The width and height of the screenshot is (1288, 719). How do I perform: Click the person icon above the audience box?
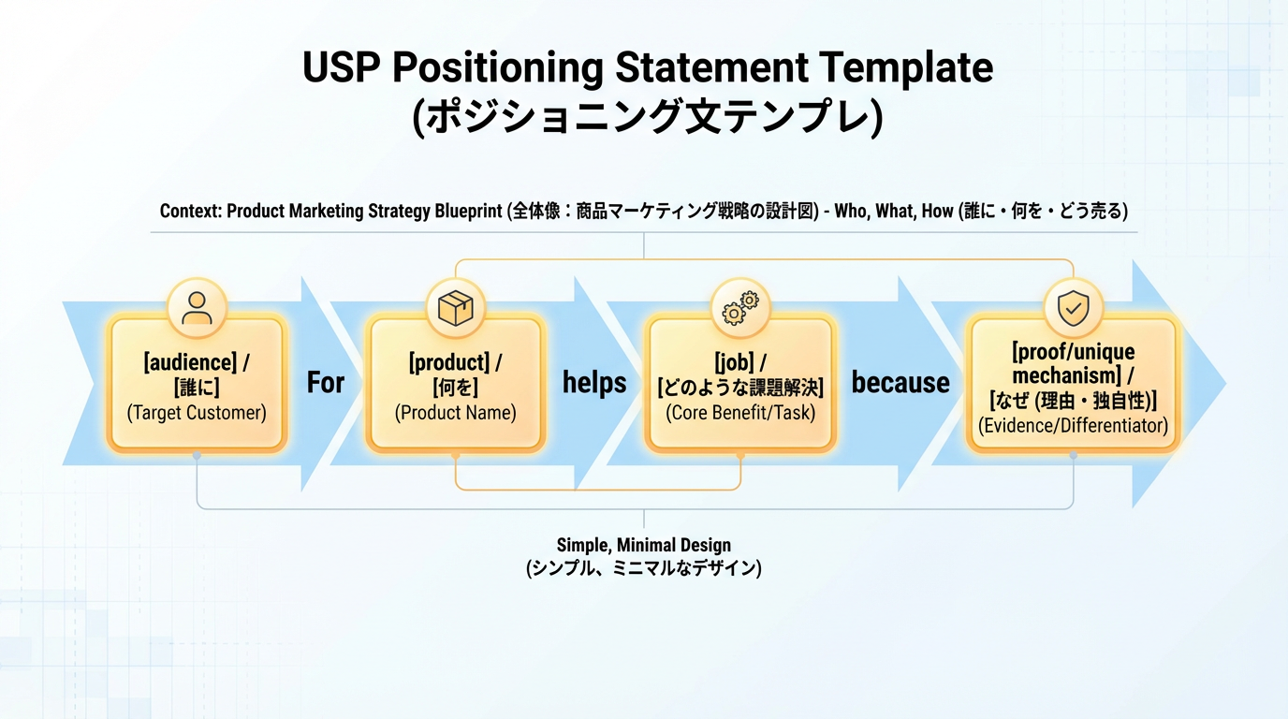pyautogui.click(x=197, y=308)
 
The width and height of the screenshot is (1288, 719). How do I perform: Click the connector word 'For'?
pyautogui.click(x=326, y=383)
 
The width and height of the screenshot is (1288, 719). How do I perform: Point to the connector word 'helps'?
pyautogui.click(x=594, y=383)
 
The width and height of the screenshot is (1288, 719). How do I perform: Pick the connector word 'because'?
pyautogui.click(x=900, y=383)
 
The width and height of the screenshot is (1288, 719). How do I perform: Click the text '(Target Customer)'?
pyautogui.click(x=197, y=413)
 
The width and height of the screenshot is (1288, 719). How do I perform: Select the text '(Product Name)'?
pyautogui.click(x=456, y=413)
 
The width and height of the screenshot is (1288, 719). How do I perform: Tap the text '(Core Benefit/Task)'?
pyautogui.click(x=740, y=413)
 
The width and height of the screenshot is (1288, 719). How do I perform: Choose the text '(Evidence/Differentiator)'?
pyautogui.click(x=1073, y=426)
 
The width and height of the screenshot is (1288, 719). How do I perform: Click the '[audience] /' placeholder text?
pyautogui.click(x=197, y=362)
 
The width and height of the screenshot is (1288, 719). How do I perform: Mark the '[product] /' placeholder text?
pyautogui.click(x=456, y=362)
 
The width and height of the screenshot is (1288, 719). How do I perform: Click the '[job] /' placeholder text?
pyautogui.click(x=740, y=362)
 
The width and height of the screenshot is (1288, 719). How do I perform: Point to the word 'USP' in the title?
pyautogui.click(x=341, y=68)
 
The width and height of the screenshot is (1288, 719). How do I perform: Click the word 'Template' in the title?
pyautogui.click(x=905, y=68)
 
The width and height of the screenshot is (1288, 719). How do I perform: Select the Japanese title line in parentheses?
pyautogui.click(x=647, y=118)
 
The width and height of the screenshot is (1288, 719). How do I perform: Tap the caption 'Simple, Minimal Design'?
pyautogui.click(x=644, y=545)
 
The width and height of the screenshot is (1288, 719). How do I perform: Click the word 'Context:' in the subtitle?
pyautogui.click(x=191, y=211)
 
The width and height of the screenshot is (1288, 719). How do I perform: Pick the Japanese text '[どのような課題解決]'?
pyautogui.click(x=740, y=388)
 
